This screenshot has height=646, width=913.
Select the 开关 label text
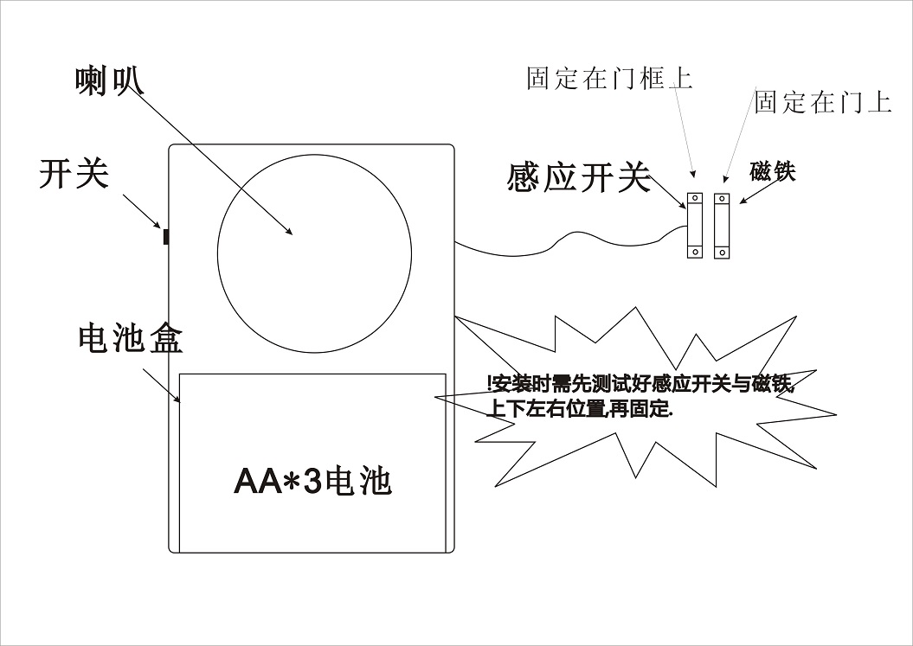coord(74,174)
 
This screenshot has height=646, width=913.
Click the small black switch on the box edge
coord(164,236)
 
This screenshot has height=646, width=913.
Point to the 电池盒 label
coord(130,339)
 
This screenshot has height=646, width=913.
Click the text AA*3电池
coord(312,481)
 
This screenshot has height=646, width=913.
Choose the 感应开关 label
coord(577,179)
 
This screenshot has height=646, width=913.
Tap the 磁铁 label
coord(772,171)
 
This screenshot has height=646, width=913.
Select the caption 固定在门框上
coord(609,80)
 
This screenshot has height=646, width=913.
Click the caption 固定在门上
coord(822,102)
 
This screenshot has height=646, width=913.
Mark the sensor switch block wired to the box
coord(694,226)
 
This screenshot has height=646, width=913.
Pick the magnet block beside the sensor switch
coord(722,226)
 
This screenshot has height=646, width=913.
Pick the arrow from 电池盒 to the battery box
coord(161,384)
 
